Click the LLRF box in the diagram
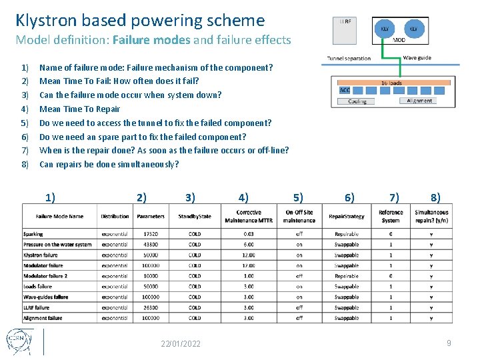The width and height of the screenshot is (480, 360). pos(345,30)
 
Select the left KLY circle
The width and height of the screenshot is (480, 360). pos(385,29)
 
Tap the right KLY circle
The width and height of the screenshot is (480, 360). pos(413,29)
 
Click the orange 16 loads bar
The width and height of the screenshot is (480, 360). pos(391,83)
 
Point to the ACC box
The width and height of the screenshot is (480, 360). pos(345,90)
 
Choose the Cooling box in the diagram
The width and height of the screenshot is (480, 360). pos(357,101)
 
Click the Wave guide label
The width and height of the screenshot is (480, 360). pos(417,58)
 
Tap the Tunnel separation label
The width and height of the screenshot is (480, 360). pos(349,59)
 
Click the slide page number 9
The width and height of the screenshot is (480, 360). pos(449,343)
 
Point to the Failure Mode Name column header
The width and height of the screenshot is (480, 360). pos(59,216)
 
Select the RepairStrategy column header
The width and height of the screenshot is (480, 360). pos(347,216)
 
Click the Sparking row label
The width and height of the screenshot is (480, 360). pos(33,234)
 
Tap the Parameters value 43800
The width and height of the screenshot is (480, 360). pos(151,245)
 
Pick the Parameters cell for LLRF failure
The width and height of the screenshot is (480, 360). pos(151,307)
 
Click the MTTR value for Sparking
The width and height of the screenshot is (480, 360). pos(249,234)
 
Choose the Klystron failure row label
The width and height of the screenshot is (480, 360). pos(41,255)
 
